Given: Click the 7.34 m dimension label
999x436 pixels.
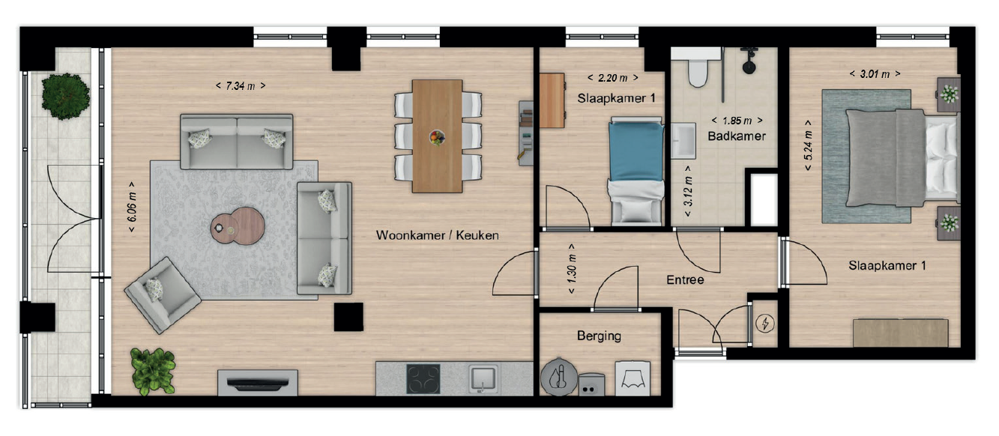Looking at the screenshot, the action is click(x=241, y=85).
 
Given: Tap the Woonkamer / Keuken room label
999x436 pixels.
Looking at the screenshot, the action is click(x=437, y=235).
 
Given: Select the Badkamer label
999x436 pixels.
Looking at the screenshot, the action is click(x=736, y=136).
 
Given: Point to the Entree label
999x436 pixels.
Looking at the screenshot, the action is click(x=685, y=280).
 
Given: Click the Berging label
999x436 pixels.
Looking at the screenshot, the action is click(x=599, y=336).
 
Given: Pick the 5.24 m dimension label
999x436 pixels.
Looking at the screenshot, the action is click(x=808, y=145).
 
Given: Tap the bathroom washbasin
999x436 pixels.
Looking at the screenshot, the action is click(x=683, y=141).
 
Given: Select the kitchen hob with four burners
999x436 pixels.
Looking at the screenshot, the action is click(x=423, y=379).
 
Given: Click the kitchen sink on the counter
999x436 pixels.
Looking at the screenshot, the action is click(x=483, y=379).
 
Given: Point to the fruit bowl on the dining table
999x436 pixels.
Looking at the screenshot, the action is click(x=437, y=137).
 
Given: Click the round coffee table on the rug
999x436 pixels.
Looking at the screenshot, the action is click(x=238, y=226).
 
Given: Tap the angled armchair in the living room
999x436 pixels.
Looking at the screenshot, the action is click(x=163, y=295).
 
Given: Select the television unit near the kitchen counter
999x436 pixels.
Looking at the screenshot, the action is click(x=258, y=383).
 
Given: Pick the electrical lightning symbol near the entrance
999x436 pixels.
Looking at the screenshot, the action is click(x=765, y=323).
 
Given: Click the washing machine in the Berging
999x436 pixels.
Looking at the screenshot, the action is click(x=633, y=378).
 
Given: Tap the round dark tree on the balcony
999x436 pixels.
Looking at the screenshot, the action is click(x=65, y=97).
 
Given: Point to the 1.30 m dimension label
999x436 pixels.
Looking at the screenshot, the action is click(x=571, y=269).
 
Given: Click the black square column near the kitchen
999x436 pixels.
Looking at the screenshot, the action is click(x=348, y=317).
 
